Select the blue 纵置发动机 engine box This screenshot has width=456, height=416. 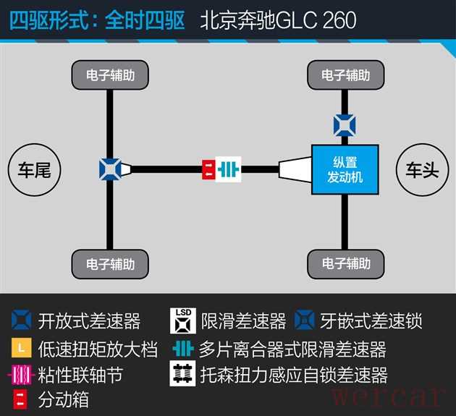pos(345,170)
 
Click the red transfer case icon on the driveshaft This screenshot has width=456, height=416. pos(208,169)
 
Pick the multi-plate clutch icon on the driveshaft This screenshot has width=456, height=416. pos(229,169)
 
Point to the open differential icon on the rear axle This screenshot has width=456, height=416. pos(111,170)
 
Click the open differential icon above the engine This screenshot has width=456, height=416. pos(345,124)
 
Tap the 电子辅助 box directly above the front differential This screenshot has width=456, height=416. pos(345,75)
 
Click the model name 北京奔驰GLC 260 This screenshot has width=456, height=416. pos(278,20)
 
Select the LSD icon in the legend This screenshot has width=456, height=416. pos(183,320)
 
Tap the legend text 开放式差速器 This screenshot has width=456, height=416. pos(89,321)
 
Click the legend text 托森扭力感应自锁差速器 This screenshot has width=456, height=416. pos(293,375)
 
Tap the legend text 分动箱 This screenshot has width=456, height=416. pos(64,399)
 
